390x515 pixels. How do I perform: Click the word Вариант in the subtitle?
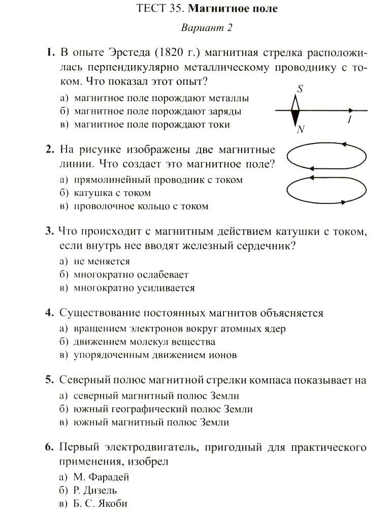[x=201, y=28]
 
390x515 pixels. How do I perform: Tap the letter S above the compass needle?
[x=300, y=89]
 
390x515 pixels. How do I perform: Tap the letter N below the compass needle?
[x=300, y=129]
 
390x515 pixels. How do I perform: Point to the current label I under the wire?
[x=349, y=120]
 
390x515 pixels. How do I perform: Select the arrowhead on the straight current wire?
[x=351, y=110]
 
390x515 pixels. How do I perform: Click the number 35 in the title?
[x=176, y=9]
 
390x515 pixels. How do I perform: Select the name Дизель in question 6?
[x=100, y=491]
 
